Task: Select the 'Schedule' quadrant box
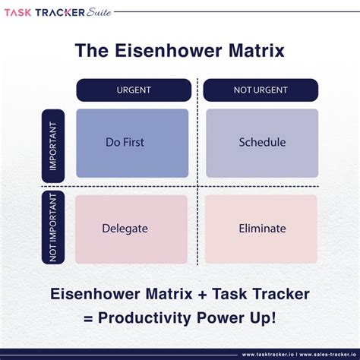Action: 261,143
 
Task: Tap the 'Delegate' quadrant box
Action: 132,229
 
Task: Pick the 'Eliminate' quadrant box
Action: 261,229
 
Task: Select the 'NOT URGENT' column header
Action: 261,90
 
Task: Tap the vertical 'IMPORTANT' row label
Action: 53,145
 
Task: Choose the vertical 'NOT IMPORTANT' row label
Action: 53,227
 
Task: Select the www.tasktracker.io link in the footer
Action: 270,354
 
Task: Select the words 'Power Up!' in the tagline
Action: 239,317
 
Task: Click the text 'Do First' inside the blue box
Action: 125,143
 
